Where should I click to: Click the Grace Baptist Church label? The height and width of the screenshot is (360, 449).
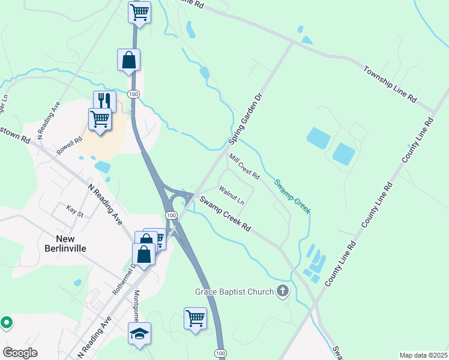[235, 292]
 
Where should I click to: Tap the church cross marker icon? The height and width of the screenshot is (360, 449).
[283, 292]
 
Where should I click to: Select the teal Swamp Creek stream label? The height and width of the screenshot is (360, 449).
[292, 196]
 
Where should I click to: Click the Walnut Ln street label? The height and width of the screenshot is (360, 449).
[232, 196]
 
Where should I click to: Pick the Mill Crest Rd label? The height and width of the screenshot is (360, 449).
[244, 167]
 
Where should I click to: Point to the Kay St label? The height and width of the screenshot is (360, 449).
[74, 212]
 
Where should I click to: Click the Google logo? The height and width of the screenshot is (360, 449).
[20, 353]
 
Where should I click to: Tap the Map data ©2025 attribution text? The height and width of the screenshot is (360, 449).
[423, 355]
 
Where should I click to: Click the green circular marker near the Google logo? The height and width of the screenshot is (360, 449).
[7, 323]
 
